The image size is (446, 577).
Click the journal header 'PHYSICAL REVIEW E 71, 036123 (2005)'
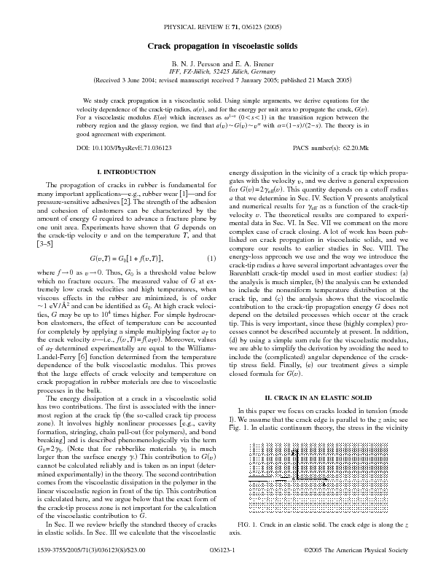click(223, 24)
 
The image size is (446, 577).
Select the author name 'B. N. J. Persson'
click(195, 64)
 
